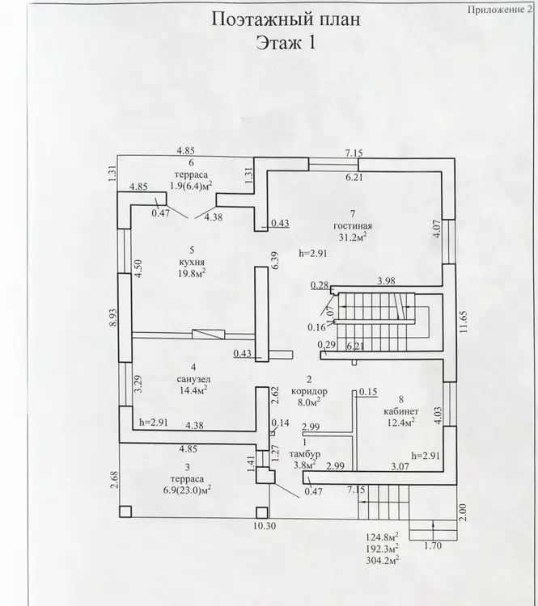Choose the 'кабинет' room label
tap(399, 410)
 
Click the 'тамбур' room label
tap(304, 453)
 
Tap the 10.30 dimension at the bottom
tap(263, 527)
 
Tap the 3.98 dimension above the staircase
tap(387, 281)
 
